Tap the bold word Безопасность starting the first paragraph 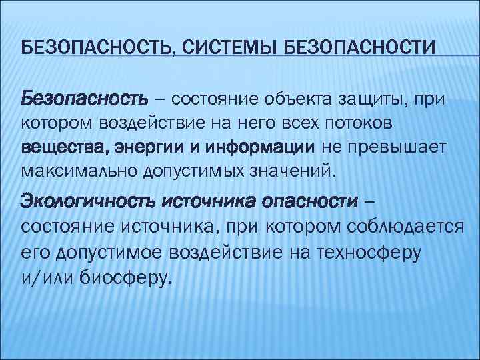85,99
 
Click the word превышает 397,146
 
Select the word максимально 79,170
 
